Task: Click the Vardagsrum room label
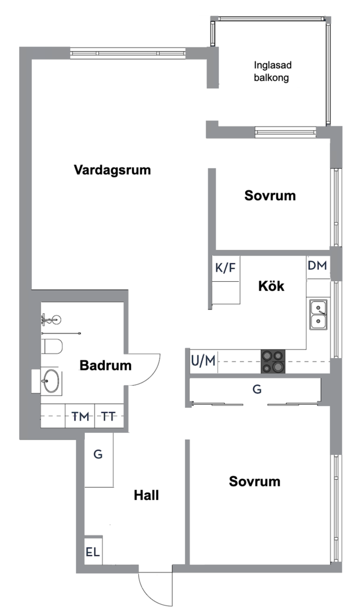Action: pyautogui.click(x=113, y=170)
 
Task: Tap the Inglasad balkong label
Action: pyautogui.click(x=271, y=72)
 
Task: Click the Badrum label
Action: pyautogui.click(x=105, y=366)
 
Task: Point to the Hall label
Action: pyautogui.click(x=146, y=496)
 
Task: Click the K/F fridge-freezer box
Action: pyautogui.click(x=225, y=269)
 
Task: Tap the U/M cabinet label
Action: pyautogui.click(x=203, y=361)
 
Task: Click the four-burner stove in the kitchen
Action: pyautogui.click(x=273, y=362)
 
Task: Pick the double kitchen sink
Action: pyautogui.click(x=318, y=315)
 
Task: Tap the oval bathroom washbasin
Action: pyautogui.click(x=51, y=381)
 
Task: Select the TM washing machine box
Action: pyautogui.click(x=80, y=417)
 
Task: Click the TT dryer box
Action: pyautogui.click(x=109, y=417)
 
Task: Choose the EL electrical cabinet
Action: pyautogui.click(x=93, y=552)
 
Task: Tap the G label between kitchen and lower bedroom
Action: pyautogui.click(x=256, y=389)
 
